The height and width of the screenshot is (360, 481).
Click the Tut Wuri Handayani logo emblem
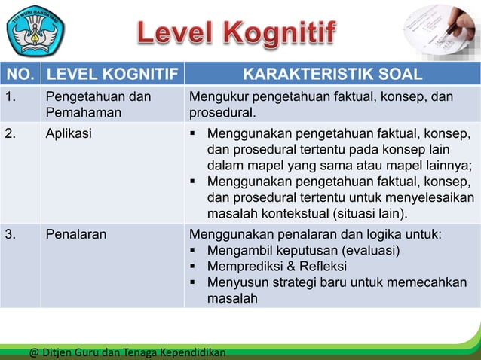(x=35, y=30)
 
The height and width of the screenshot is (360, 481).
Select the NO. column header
(x=20, y=74)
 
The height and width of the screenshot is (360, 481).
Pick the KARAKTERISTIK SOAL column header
(x=332, y=74)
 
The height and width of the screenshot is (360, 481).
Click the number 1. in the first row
(x=11, y=97)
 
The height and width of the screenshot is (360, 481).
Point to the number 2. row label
(x=11, y=133)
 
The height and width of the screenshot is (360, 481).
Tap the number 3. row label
(x=11, y=234)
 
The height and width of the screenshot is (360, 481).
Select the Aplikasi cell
(x=69, y=133)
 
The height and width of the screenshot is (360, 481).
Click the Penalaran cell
(x=76, y=234)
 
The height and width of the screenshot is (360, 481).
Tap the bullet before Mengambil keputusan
(x=194, y=251)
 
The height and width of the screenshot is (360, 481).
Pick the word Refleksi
(x=326, y=267)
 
